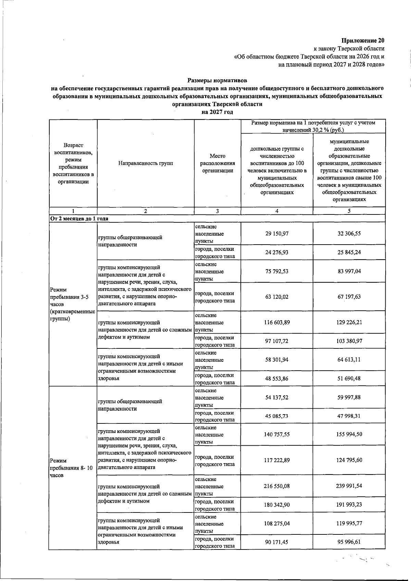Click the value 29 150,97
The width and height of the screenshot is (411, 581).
coord(277,234)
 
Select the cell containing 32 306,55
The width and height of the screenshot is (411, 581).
coord(349,234)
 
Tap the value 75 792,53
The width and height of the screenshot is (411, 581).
coord(277,271)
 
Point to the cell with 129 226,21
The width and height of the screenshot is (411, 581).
coord(349,322)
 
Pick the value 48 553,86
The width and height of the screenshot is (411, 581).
coord(277,379)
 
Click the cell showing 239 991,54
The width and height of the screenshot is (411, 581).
coord(349,486)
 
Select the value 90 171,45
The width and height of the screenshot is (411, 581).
coord(277,542)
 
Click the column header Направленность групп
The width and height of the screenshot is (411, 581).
coord(146,163)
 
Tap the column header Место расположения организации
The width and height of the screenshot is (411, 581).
coord(217,163)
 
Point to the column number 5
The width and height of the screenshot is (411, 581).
coord(349,211)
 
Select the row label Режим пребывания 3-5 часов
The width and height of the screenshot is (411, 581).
coord(72,304)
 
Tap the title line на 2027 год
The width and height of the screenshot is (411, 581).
coord(217,112)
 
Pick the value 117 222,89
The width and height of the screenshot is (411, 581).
coord(277,460)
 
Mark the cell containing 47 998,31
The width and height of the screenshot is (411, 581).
coord(349,416)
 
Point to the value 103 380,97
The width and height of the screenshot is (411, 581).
coord(349,341)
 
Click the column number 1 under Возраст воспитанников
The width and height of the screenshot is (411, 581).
coord(73,211)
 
